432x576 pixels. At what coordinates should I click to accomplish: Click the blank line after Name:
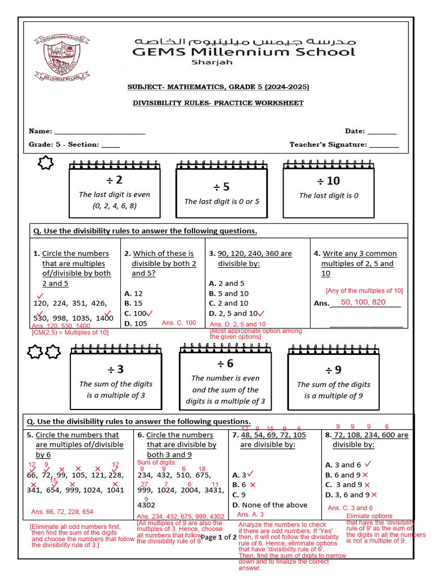pyautogui.click(x=100, y=132)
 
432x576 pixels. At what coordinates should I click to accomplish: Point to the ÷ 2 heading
pyautogui.click(x=115, y=180)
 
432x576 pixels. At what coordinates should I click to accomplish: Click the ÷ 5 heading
pyautogui.click(x=222, y=187)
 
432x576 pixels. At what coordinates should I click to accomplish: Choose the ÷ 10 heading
pyautogui.click(x=328, y=181)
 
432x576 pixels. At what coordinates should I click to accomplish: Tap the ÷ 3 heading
pyautogui.click(x=116, y=370)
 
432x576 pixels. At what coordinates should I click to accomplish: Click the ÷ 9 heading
pyautogui.click(x=334, y=370)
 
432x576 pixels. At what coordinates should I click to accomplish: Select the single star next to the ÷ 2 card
pyautogui.click(x=44, y=164)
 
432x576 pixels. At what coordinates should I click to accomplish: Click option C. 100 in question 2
pyautogui.click(x=136, y=313)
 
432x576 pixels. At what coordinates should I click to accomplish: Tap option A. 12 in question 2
pyautogui.click(x=134, y=293)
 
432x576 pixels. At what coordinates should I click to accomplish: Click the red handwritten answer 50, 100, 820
pyautogui.click(x=363, y=303)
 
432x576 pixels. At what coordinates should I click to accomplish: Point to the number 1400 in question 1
pyautogui.click(x=104, y=318)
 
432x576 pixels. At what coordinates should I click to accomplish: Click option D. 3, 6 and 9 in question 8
pyautogui.click(x=348, y=495)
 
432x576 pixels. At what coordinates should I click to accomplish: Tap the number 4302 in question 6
pyautogui.click(x=146, y=505)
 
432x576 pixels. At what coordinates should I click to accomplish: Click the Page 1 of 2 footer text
pyautogui.click(x=219, y=538)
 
